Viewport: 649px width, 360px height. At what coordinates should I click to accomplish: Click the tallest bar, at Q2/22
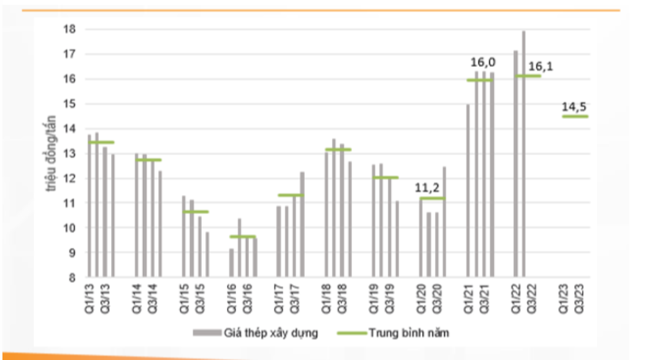[x=524, y=153]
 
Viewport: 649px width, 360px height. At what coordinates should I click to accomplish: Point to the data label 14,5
[x=575, y=105]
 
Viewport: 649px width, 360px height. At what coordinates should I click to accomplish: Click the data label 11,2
[x=432, y=186]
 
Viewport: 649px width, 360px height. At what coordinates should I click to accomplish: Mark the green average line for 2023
[x=575, y=117]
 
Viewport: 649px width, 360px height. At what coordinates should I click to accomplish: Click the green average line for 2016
[x=242, y=236]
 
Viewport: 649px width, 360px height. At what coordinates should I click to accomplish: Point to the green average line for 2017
[x=290, y=195]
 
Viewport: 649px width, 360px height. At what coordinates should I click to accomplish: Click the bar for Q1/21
[x=468, y=190]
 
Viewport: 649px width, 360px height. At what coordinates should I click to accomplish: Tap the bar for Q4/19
[x=396, y=239]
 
